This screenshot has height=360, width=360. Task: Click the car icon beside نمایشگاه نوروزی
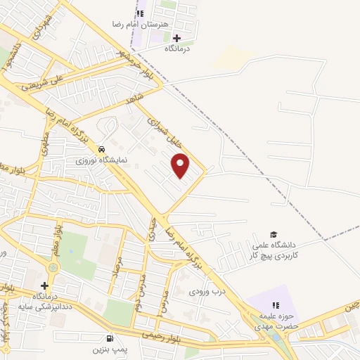coord(102,149)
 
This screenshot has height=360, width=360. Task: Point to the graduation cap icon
coord(274,234)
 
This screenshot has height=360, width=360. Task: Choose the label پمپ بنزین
coord(108,349)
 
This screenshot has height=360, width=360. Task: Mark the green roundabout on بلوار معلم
coord(54,268)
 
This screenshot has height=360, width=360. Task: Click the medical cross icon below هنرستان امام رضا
coord(176,38)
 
